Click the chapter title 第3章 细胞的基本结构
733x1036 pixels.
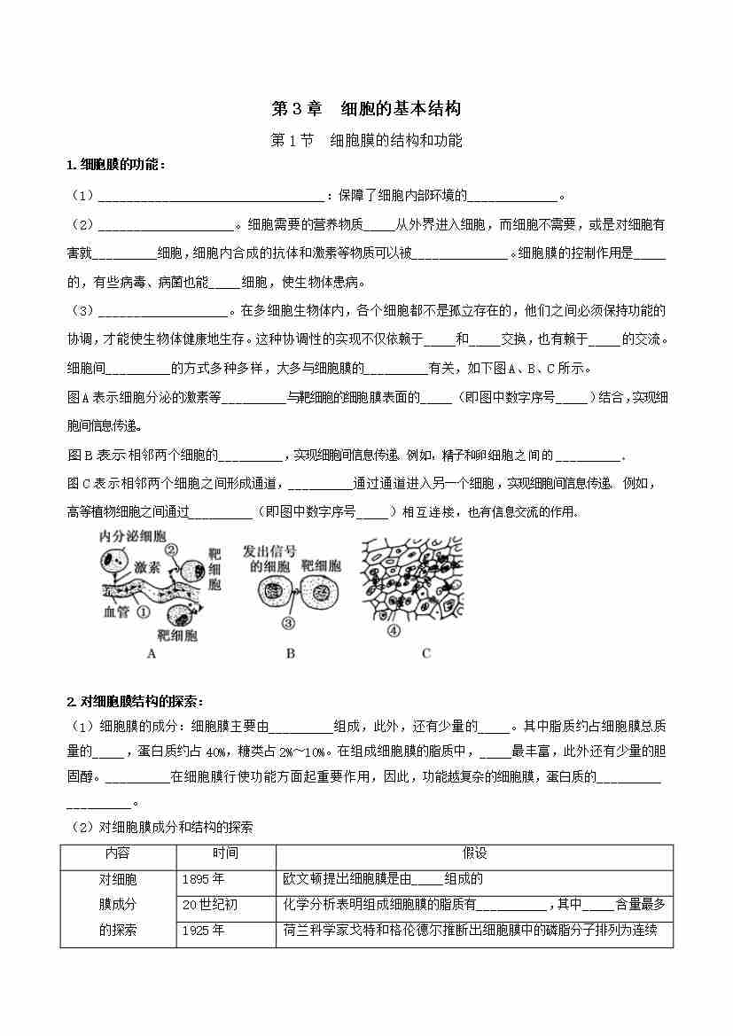tap(366, 109)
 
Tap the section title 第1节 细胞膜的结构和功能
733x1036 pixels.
tap(366, 140)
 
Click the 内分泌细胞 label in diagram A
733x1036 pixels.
tap(133, 537)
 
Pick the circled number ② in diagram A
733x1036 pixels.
tap(172, 549)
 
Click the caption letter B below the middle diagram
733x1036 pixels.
tap(291, 653)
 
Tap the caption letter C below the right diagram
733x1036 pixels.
tap(425, 653)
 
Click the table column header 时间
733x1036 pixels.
tap(225, 853)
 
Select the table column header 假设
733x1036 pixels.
tap(474, 853)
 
